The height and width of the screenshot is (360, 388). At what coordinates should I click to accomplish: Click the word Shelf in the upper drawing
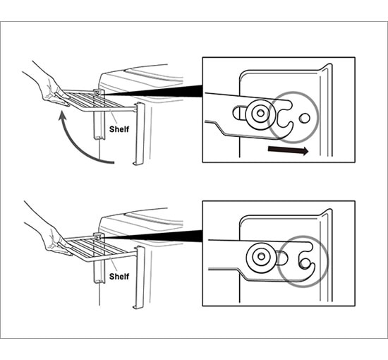119,129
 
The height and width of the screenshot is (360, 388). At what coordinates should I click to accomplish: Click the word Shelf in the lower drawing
119,276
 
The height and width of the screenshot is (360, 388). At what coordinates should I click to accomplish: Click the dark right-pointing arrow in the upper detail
288,150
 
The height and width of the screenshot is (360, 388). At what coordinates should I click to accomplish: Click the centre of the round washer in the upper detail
260,114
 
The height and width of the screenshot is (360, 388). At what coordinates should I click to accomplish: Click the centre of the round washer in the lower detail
261,256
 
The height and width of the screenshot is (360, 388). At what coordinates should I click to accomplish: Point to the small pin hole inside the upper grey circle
304,119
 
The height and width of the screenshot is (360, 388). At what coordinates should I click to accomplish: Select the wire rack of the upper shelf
98,100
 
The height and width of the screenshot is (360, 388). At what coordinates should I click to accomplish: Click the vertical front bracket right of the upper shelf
139,133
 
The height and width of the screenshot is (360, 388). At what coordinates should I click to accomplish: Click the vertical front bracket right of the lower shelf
139,277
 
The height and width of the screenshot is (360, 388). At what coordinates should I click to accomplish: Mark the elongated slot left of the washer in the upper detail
239,114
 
